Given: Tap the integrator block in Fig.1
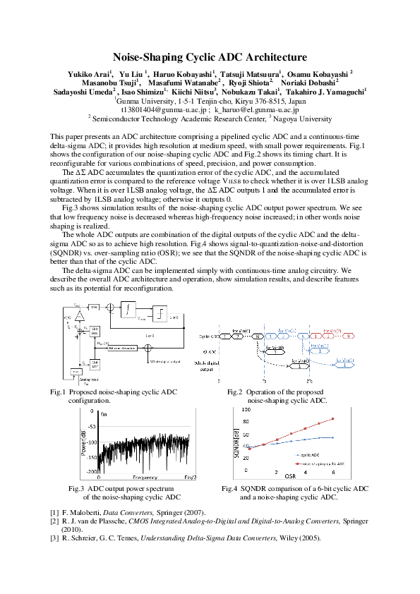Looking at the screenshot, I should pyautogui.click(x=130, y=308).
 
